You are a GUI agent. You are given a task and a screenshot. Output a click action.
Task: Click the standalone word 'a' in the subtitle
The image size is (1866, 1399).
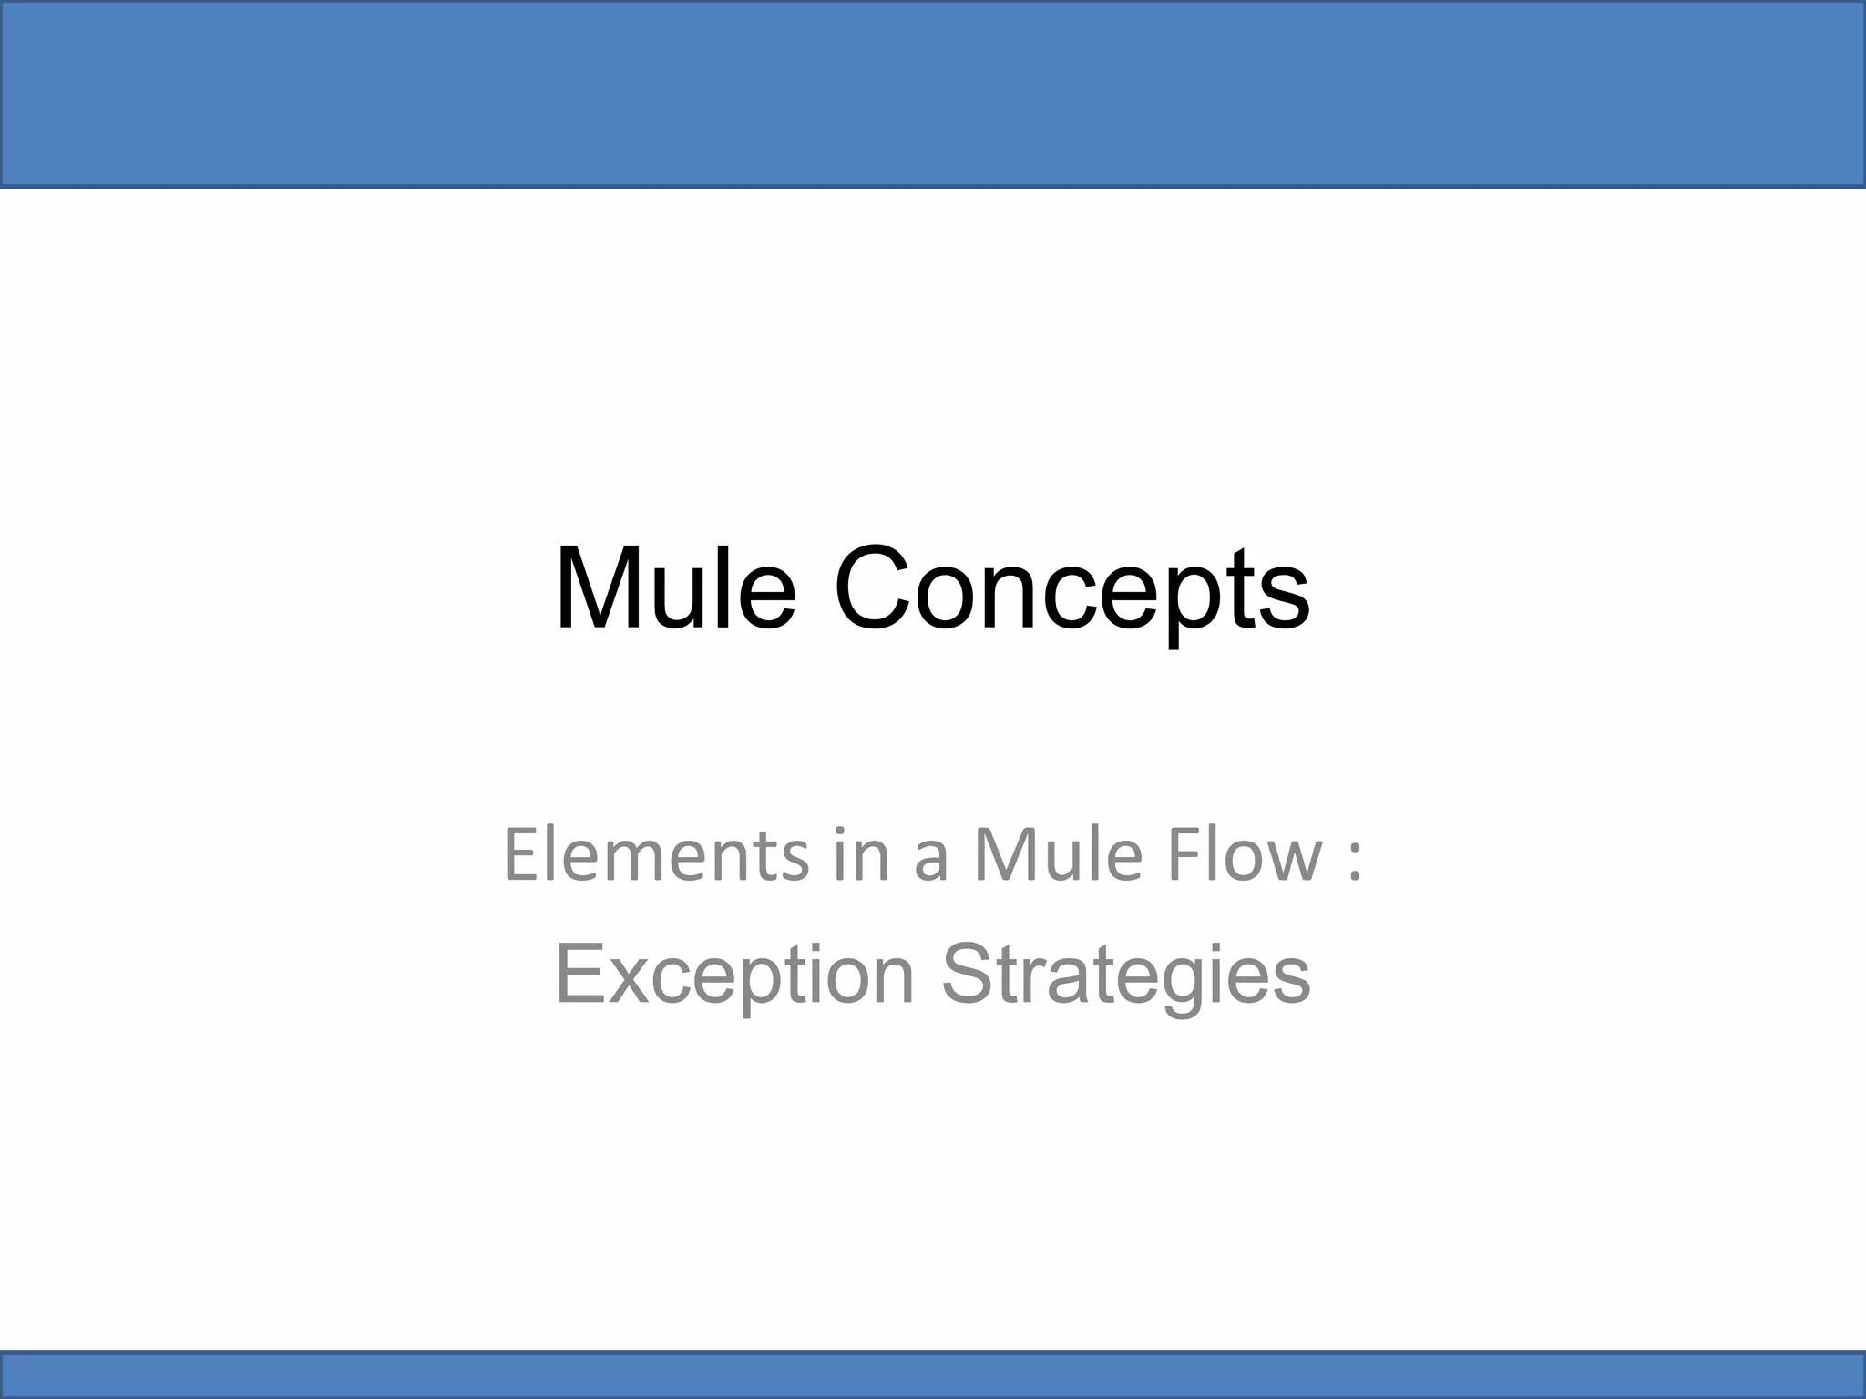pos(930,862)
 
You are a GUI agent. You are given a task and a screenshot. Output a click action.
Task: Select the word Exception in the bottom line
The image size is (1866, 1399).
pos(733,975)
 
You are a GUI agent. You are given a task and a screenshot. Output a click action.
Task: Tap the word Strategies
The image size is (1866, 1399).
pos(1125,975)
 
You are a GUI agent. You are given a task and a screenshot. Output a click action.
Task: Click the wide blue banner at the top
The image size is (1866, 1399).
pos(933,94)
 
